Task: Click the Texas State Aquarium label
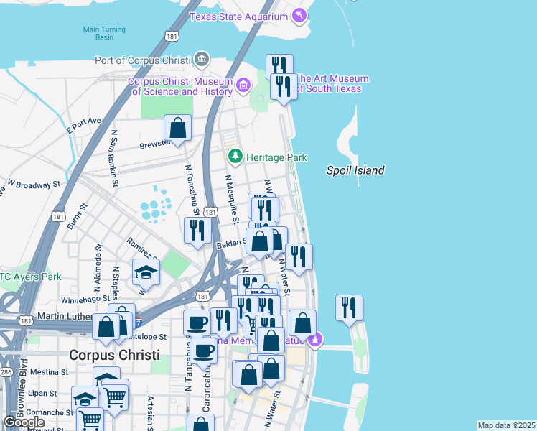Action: point(238,16)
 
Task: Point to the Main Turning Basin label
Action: point(104,34)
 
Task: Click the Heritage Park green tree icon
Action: point(235,157)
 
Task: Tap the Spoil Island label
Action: point(355,170)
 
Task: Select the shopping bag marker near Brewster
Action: point(177,129)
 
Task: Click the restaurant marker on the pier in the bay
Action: point(349,307)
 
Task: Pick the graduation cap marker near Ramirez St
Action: point(146,272)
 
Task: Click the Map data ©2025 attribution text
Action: point(506,425)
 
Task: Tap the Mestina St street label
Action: point(48,373)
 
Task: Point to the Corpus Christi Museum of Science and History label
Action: point(179,86)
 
